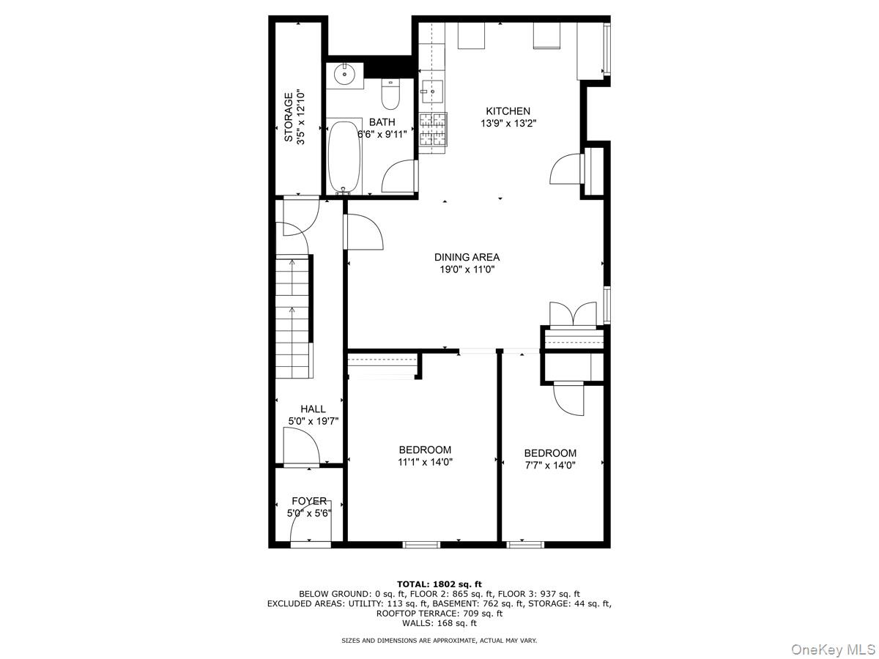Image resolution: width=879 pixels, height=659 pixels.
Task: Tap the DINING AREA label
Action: (467, 257)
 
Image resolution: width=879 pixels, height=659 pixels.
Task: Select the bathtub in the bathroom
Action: (343, 157)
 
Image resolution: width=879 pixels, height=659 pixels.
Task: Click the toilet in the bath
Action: (390, 94)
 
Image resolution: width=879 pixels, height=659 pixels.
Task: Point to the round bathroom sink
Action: (344, 75)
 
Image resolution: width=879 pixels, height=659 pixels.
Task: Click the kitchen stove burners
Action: (432, 129)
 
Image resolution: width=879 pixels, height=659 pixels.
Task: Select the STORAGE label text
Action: (289, 117)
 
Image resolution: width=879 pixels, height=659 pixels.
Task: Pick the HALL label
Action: (313, 409)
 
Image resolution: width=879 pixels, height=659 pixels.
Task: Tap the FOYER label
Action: (309, 501)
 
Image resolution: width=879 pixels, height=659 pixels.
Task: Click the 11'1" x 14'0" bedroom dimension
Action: (425, 462)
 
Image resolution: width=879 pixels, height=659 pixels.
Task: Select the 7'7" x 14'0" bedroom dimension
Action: (550, 465)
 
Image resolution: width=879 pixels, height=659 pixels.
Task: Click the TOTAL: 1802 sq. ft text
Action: (439, 584)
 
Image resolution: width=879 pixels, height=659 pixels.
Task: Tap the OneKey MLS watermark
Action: (841, 649)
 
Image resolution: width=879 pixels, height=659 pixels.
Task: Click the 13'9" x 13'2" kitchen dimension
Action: (508, 124)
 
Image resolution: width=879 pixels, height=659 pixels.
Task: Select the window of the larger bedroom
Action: (421, 545)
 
